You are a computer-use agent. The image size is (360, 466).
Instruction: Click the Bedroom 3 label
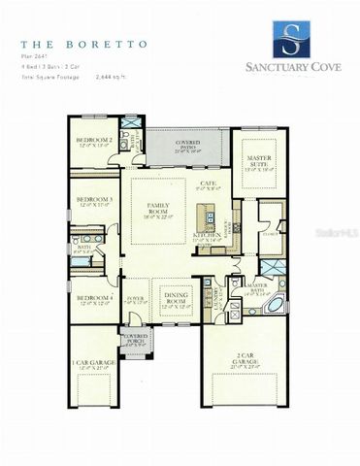tap(95, 202)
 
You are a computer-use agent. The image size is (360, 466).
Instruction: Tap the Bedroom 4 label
tap(95, 299)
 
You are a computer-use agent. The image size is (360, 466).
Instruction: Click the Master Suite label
tap(259, 161)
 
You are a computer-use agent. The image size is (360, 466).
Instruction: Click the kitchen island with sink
tap(207, 213)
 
